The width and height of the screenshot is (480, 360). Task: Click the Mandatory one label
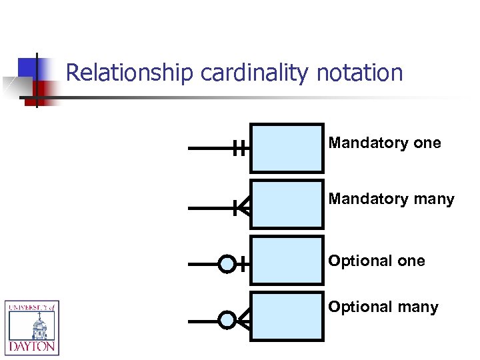coord(385,143)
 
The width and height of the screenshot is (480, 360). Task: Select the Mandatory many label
coord(391,199)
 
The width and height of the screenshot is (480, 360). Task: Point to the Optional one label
coord(377,261)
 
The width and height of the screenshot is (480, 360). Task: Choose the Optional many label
coord(383,307)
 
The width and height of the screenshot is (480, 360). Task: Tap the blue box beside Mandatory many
coord(287,205)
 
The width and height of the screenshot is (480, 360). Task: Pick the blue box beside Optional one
coord(287,261)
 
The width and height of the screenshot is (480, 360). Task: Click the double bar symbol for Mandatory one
coord(240,149)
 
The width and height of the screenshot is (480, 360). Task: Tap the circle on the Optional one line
coord(227,265)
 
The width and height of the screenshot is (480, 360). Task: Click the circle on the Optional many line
coord(227,321)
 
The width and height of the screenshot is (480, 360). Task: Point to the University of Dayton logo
coord(32,327)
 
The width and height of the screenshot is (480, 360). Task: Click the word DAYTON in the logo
coord(32,347)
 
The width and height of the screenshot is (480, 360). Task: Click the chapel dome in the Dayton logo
coord(31,323)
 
